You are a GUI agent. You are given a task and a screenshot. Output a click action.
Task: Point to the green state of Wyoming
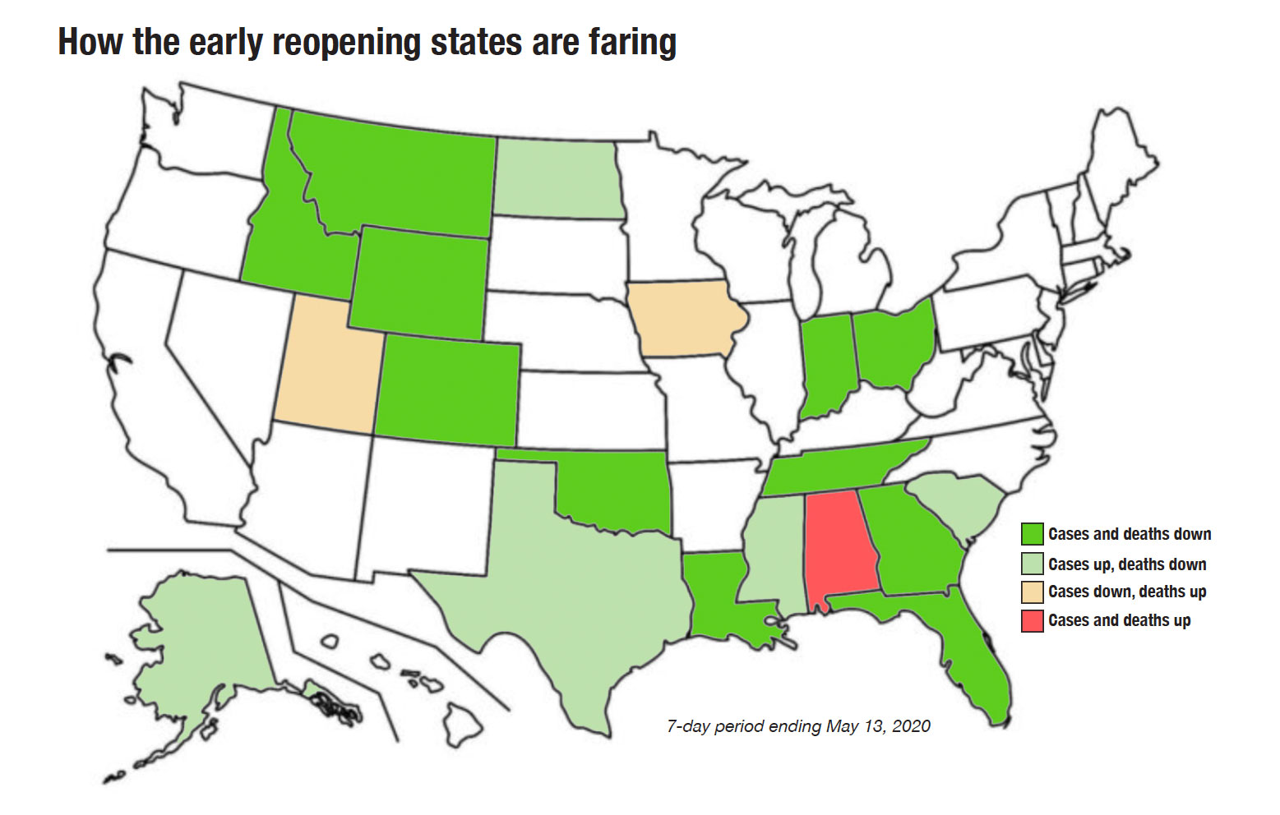click(x=419, y=283)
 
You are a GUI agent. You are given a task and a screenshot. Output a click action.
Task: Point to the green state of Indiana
click(x=826, y=361)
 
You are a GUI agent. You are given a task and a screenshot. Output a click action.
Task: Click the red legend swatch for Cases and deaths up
click(x=1032, y=620)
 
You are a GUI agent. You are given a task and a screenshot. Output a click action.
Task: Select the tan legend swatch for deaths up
click(x=1032, y=592)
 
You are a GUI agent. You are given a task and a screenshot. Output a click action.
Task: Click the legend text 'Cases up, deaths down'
click(x=1127, y=564)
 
